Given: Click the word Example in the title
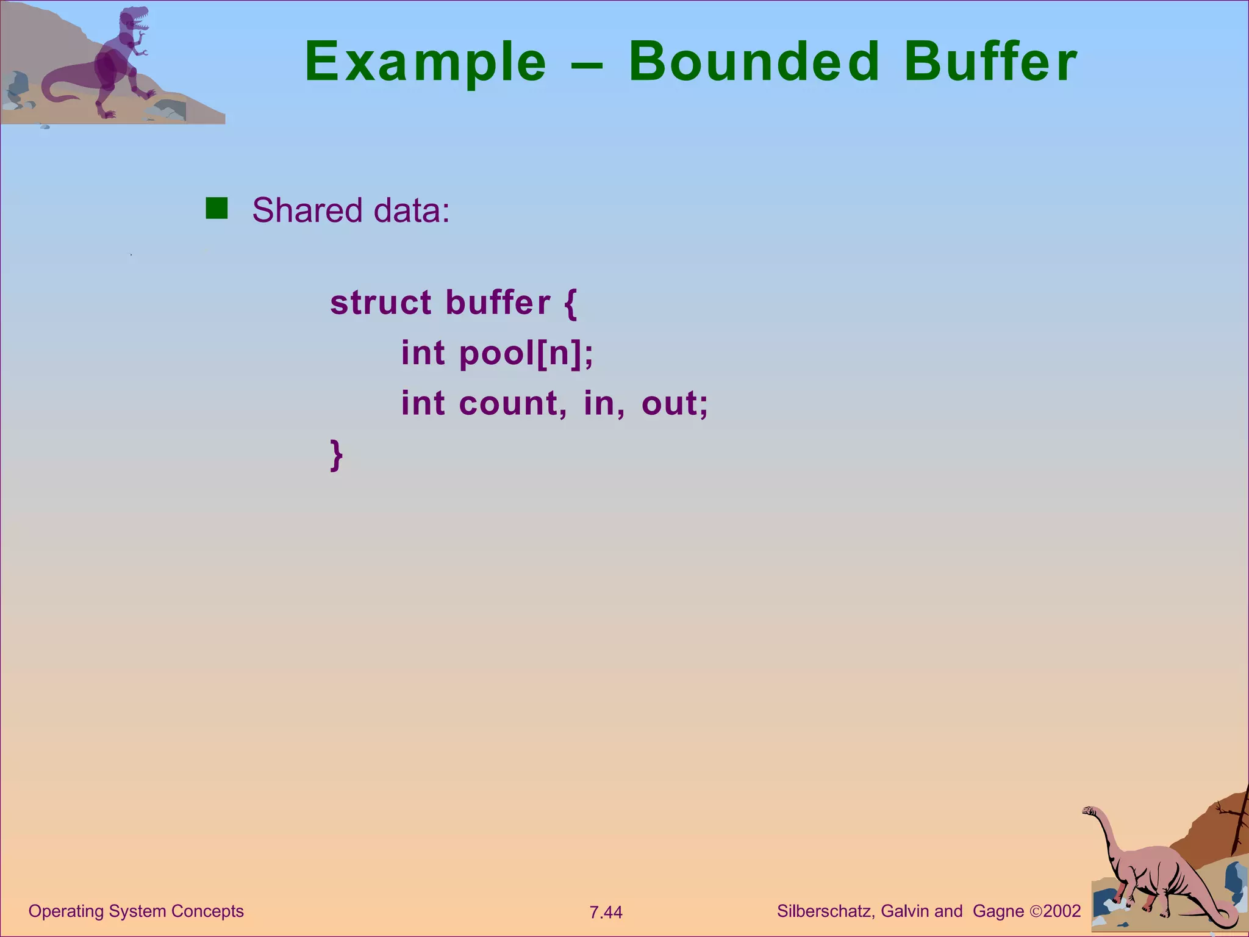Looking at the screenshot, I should tap(425, 62).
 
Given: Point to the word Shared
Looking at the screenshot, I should tap(307, 210).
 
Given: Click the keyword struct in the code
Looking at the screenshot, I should tap(381, 303).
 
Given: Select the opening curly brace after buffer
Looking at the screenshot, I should tap(570, 304).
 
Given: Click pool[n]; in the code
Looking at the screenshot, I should tap(526, 353).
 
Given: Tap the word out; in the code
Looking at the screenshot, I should tap(675, 404).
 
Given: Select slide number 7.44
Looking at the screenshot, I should tap(606, 913).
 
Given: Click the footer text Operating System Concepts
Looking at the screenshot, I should tap(136, 911).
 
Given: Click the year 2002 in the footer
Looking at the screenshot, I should tap(1062, 911).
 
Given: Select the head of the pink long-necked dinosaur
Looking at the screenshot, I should tap(1090, 811).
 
